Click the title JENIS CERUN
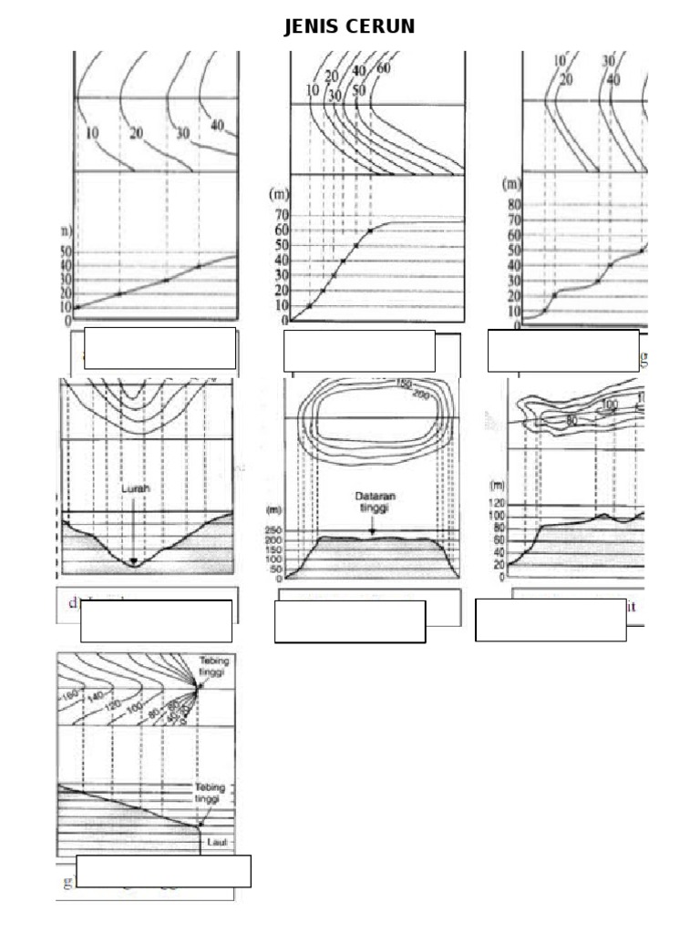(349, 26)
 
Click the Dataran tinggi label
(372, 502)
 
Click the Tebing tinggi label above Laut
(210, 793)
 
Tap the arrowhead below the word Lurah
(134, 562)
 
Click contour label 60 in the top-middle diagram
(383, 68)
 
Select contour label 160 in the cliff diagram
(70, 696)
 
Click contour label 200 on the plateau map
(421, 395)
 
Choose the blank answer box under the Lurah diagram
(156, 620)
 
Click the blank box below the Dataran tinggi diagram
(350, 621)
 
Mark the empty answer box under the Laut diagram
(163, 871)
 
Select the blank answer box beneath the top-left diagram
(160, 348)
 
